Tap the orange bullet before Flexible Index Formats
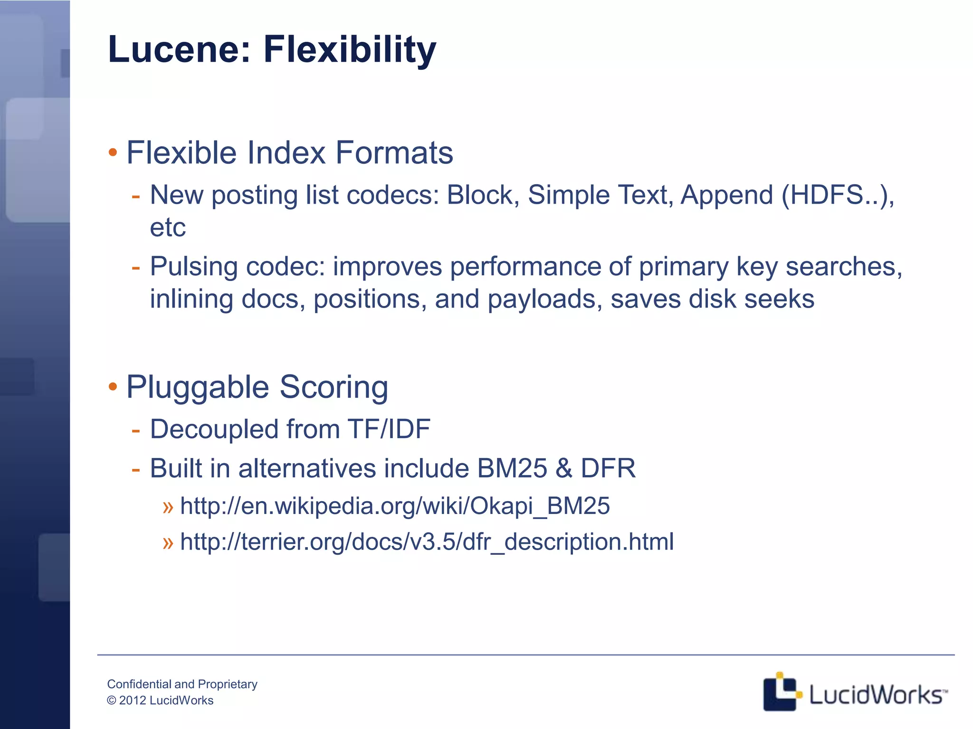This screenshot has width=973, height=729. pyautogui.click(x=113, y=153)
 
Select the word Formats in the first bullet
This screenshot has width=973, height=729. pyautogui.click(x=394, y=153)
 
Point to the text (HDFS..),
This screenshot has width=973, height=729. pyautogui.click(x=838, y=195)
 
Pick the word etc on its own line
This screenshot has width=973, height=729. pyautogui.click(x=167, y=227)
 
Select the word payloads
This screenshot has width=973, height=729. pyautogui.click(x=544, y=299)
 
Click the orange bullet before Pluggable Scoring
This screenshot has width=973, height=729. pyautogui.click(x=113, y=387)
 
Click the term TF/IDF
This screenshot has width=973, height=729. pyautogui.click(x=389, y=429)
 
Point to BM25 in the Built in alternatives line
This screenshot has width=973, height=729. pyautogui.click(x=512, y=468)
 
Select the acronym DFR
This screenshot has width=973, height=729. pyautogui.click(x=608, y=468)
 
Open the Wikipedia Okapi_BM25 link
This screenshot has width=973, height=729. pyautogui.click(x=394, y=505)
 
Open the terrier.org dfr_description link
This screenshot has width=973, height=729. pyautogui.click(x=427, y=542)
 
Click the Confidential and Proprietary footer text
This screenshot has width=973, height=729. pyautogui.click(x=182, y=684)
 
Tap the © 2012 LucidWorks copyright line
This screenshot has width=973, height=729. pyautogui.click(x=160, y=701)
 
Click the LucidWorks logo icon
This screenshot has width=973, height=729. pyautogui.click(x=781, y=692)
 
